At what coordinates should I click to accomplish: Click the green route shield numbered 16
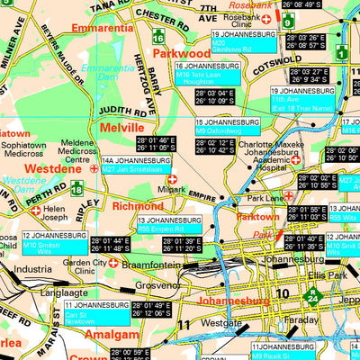[158, 37]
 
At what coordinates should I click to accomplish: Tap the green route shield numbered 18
[78, 187]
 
